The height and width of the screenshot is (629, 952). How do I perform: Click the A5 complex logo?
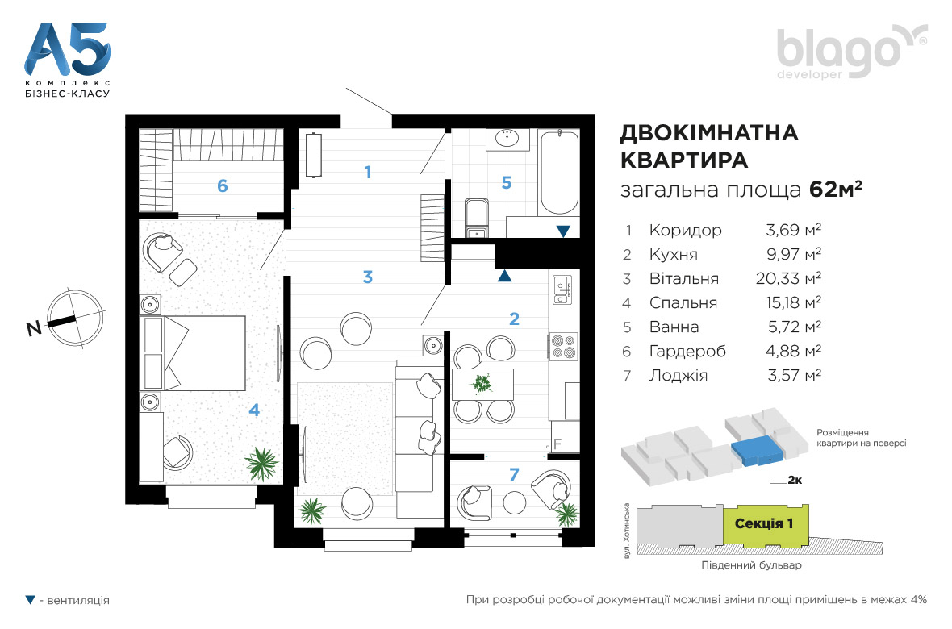point(68,60)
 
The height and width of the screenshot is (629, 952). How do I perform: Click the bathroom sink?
point(507,139)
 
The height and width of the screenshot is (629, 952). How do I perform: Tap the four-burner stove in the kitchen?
point(563,346)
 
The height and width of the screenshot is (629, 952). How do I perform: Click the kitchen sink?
point(562,290)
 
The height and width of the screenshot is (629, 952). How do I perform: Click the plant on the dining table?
point(482,384)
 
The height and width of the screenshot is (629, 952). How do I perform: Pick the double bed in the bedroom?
point(193,352)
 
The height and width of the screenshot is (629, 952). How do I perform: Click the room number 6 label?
point(222,185)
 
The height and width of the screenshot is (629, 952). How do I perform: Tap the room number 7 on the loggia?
point(514,474)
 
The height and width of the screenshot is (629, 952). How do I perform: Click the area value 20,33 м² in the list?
point(789,278)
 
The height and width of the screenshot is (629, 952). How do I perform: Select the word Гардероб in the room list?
point(687,351)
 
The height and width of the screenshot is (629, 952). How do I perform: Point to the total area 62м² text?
point(836,190)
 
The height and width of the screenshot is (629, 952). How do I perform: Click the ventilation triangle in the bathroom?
point(563,231)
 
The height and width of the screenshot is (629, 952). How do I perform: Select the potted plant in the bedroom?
point(261,463)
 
